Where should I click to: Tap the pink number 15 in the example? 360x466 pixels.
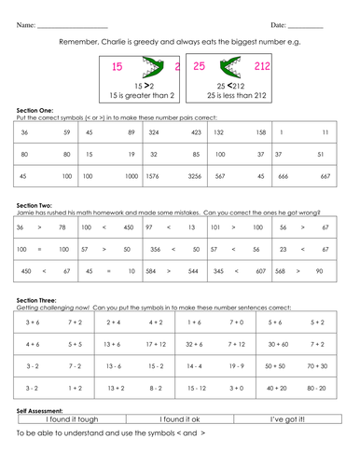(117, 68)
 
